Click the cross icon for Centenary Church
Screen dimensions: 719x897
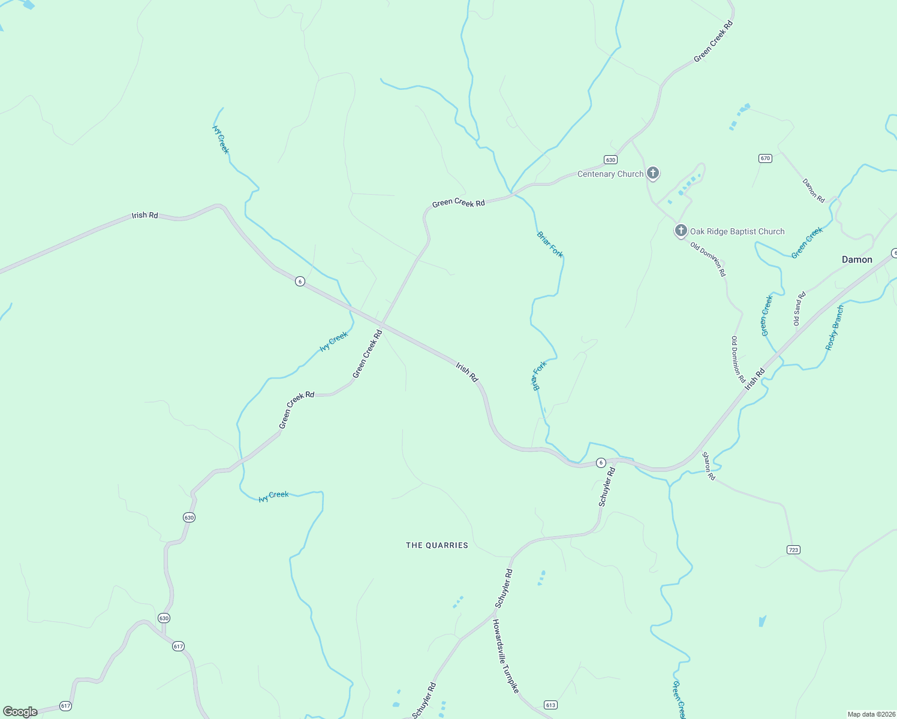(653, 173)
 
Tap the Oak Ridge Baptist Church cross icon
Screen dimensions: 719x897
(681, 231)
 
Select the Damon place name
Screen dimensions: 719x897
(857, 259)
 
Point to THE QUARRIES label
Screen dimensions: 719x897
(437, 545)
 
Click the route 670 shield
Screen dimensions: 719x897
(764, 158)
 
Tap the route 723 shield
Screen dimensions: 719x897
(793, 549)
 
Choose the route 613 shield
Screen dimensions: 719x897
(550, 705)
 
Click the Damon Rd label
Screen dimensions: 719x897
(814, 191)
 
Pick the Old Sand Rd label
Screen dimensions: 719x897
(799, 309)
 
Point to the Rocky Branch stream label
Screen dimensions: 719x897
(834, 328)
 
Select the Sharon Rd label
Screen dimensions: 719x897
(709, 466)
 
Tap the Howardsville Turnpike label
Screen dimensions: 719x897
(505, 656)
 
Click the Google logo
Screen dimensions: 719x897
(20, 712)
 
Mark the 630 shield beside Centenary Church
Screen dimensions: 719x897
(610, 159)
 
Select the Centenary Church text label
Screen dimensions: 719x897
(610, 174)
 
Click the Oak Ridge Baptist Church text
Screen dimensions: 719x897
(737, 231)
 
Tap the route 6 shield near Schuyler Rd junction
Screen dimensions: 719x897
(601, 463)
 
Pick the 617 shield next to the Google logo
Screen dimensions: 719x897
(65, 706)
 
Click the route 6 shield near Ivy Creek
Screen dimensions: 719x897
(300, 281)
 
